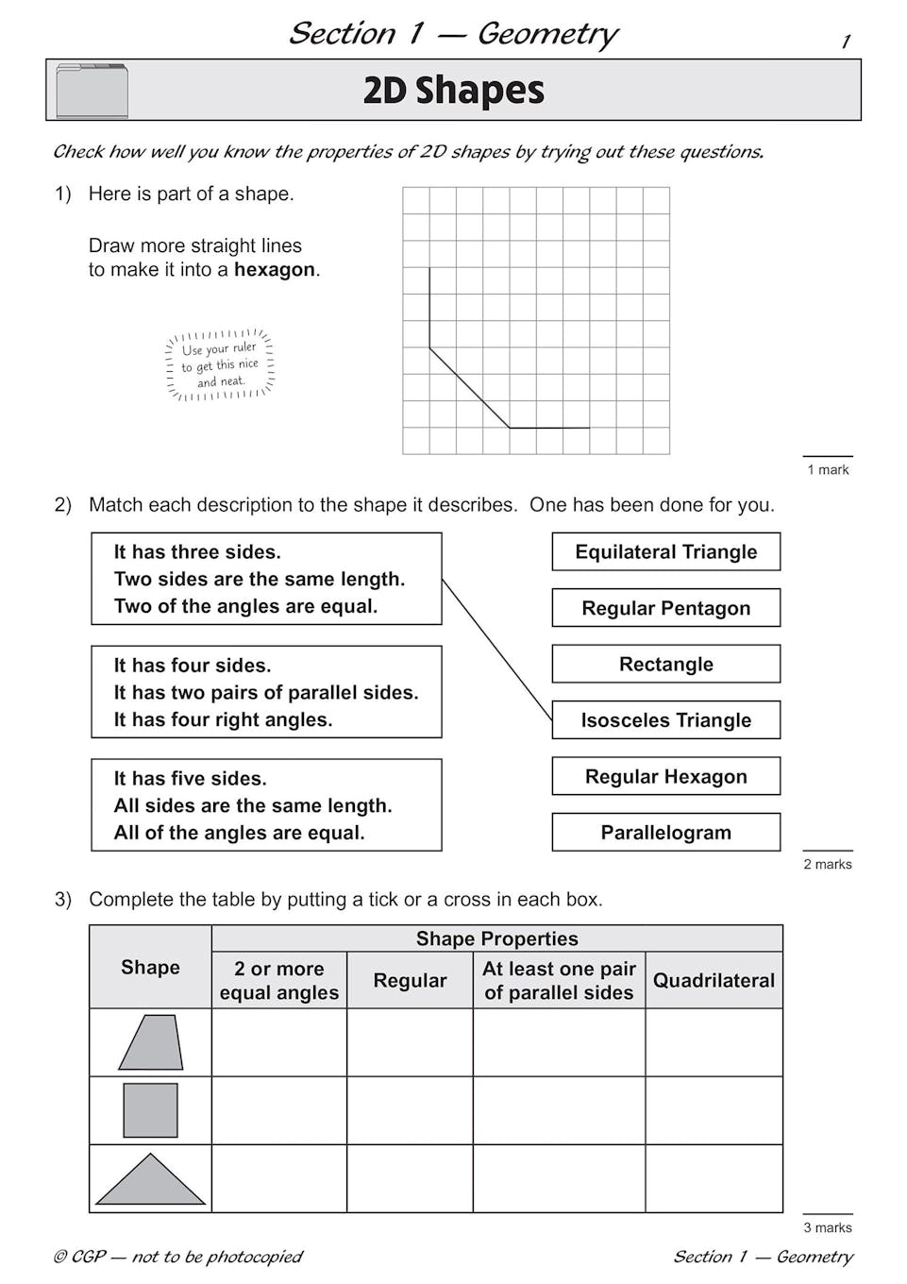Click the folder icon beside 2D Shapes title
(x=92, y=91)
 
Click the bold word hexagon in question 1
(x=275, y=270)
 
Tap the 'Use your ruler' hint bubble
(x=219, y=365)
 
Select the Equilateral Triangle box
(x=665, y=552)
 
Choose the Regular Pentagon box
(x=665, y=608)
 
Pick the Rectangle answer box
(x=665, y=665)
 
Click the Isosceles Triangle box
(x=665, y=720)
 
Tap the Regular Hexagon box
(x=665, y=777)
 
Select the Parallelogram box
(x=665, y=833)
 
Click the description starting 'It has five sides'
(x=265, y=805)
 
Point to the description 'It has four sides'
(x=265, y=692)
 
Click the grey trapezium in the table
(x=151, y=1043)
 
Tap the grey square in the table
(x=150, y=1110)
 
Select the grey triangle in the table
(x=150, y=1181)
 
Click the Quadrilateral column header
(x=714, y=981)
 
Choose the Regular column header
(x=410, y=981)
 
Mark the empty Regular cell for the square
(x=410, y=1111)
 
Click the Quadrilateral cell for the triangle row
(x=714, y=1179)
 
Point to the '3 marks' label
(x=827, y=1227)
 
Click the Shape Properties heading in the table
(x=496, y=938)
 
